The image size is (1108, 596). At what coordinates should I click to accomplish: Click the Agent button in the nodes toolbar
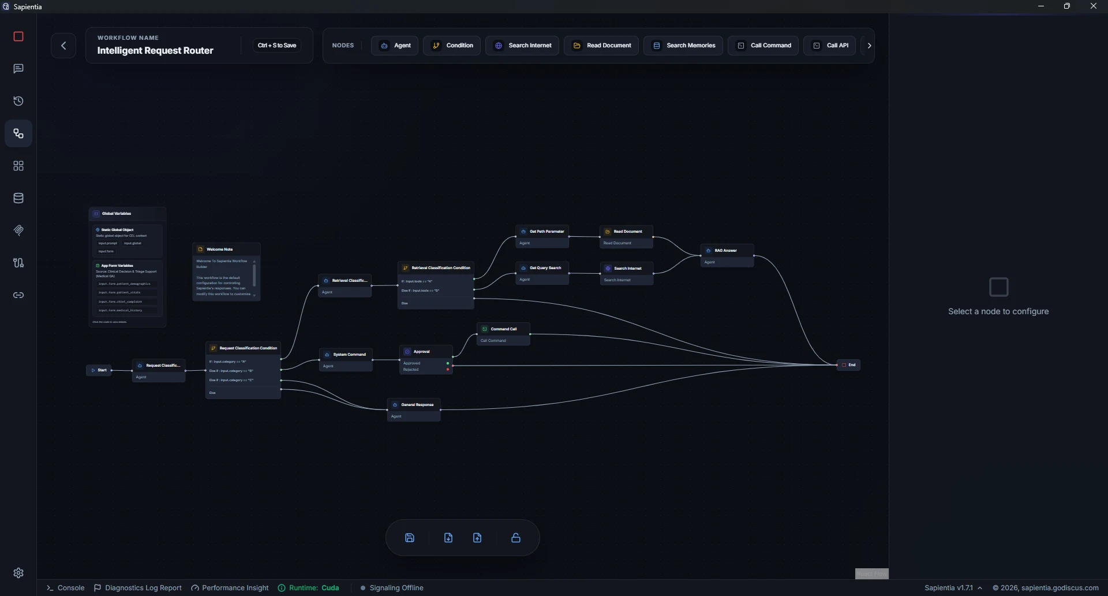pyautogui.click(x=395, y=46)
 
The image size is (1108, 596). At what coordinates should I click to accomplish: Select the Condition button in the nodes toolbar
pyautogui.click(x=452, y=46)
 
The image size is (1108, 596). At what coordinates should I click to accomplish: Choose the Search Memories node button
pyautogui.click(x=683, y=46)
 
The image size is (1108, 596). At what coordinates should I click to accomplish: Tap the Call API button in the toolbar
pyautogui.click(x=830, y=46)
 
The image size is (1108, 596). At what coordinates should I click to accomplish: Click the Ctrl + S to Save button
pyautogui.click(x=277, y=46)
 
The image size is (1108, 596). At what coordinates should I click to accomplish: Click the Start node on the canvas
pyautogui.click(x=99, y=370)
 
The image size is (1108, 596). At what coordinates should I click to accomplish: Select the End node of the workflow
pyautogui.click(x=848, y=365)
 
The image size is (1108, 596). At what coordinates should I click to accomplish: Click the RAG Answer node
pyautogui.click(x=727, y=251)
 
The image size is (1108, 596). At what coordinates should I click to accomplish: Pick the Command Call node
pyautogui.click(x=503, y=329)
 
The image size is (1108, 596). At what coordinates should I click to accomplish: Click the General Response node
pyautogui.click(x=414, y=405)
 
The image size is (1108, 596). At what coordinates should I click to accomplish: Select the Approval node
pyautogui.click(x=426, y=352)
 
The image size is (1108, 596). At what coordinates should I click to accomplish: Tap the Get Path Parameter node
pyautogui.click(x=542, y=232)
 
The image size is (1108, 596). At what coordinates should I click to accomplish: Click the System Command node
pyautogui.click(x=346, y=355)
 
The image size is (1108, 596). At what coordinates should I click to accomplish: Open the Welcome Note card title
pyautogui.click(x=220, y=249)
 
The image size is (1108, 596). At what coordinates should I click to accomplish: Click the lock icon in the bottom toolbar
pyautogui.click(x=516, y=538)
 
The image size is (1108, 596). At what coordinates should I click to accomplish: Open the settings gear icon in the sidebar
pyautogui.click(x=18, y=573)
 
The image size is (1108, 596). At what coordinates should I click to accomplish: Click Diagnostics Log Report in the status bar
pyautogui.click(x=138, y=588)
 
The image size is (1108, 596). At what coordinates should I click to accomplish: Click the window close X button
pyautogui.click(x=1093, y=6)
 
